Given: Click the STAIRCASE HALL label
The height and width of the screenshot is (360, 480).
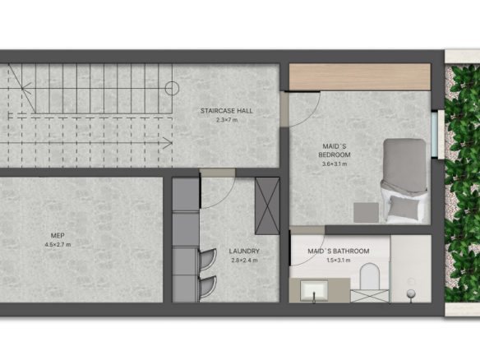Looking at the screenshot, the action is (227, 111).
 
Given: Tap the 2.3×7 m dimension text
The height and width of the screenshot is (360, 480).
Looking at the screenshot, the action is (227, 120).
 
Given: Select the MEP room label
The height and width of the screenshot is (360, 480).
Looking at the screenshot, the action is (58, 235).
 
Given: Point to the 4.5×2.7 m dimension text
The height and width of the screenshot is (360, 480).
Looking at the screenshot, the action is (58, 245).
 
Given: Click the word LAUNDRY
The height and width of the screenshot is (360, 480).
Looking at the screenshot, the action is (244, 252).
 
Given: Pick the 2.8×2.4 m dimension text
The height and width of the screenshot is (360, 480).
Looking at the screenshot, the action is (244, 261).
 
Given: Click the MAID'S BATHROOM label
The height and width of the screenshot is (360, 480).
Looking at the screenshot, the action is (339, 252).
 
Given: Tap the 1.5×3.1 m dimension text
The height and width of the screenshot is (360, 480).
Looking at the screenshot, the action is (339, 261).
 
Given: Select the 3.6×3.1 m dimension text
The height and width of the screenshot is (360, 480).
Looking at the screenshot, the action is (335, 164).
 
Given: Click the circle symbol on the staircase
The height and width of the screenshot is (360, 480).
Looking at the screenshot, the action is (172, 89).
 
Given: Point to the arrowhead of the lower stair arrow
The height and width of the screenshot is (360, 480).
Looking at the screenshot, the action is (168, 143).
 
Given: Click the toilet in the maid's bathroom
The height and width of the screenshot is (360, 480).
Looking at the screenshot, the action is (370, 276).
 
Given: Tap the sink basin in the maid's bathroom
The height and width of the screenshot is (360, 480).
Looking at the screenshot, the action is (314, 290).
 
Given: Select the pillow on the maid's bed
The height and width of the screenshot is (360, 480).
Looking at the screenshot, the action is (404, 207).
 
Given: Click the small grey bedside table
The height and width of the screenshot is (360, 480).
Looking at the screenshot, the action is (366, 212).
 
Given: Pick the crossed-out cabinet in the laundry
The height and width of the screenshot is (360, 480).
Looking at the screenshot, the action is (267, 206).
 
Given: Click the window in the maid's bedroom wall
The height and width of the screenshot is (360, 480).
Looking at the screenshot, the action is (434, 135).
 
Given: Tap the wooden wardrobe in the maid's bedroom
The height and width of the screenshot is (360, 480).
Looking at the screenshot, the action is (360, 76).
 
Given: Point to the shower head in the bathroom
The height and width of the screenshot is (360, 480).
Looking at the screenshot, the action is (410, 294).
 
